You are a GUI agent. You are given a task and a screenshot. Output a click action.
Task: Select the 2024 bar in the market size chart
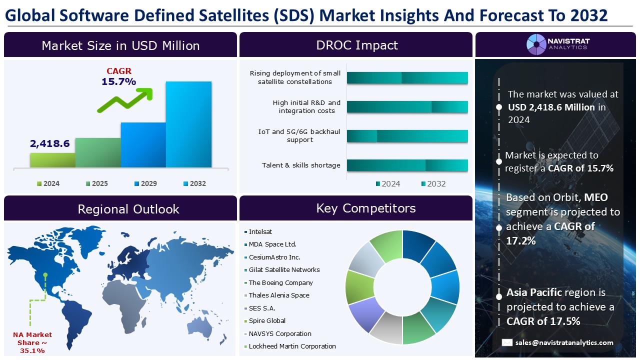point(52,160)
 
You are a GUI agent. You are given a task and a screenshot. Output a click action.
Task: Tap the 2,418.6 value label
point(49,144)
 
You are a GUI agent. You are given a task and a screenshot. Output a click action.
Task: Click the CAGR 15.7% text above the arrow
point(119,76)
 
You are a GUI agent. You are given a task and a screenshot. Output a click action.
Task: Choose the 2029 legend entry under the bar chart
point(144,183)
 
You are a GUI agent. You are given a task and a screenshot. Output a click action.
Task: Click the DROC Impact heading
point(356,45)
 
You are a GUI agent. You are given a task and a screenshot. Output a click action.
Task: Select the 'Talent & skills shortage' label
point(301,165)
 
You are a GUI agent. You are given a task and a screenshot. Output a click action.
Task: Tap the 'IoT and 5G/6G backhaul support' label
point(299,135)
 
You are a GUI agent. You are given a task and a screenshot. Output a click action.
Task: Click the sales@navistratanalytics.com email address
point(564,342)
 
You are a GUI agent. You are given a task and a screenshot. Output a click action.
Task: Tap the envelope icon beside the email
point(507,342)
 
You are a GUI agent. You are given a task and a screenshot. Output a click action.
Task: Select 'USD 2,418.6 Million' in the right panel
point(551,107)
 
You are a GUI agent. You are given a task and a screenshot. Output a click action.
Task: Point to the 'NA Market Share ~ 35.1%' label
point(32,342)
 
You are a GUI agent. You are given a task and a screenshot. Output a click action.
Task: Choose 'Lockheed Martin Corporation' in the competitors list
point(292,346)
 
